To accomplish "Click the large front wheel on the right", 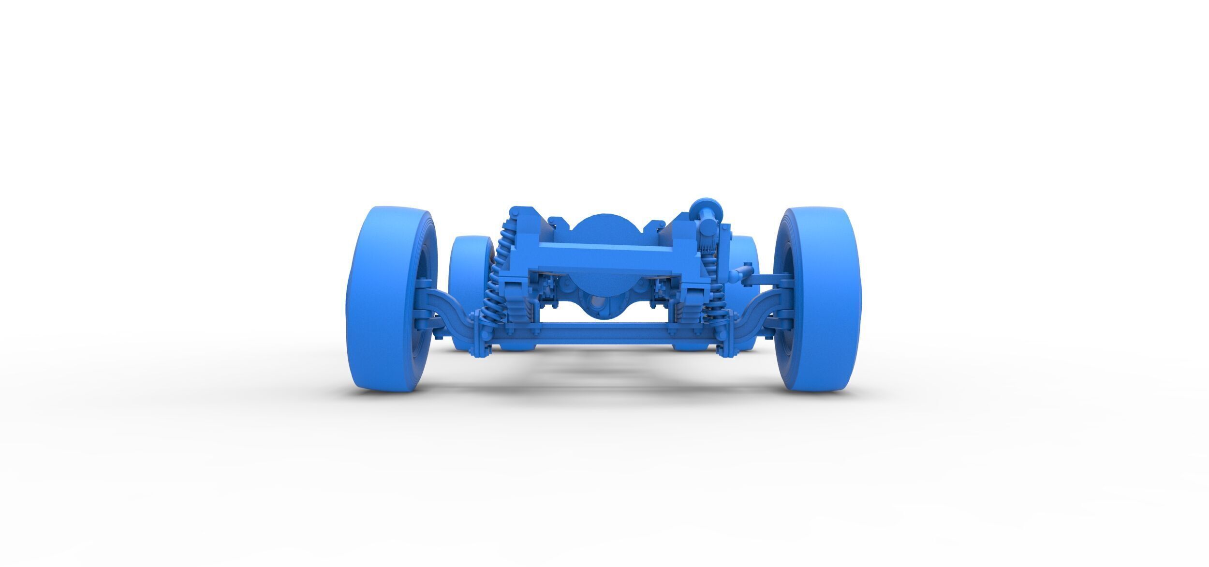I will point(817,300).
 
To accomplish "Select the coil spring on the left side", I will point(496,285).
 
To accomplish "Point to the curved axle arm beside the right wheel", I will point(757,310).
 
